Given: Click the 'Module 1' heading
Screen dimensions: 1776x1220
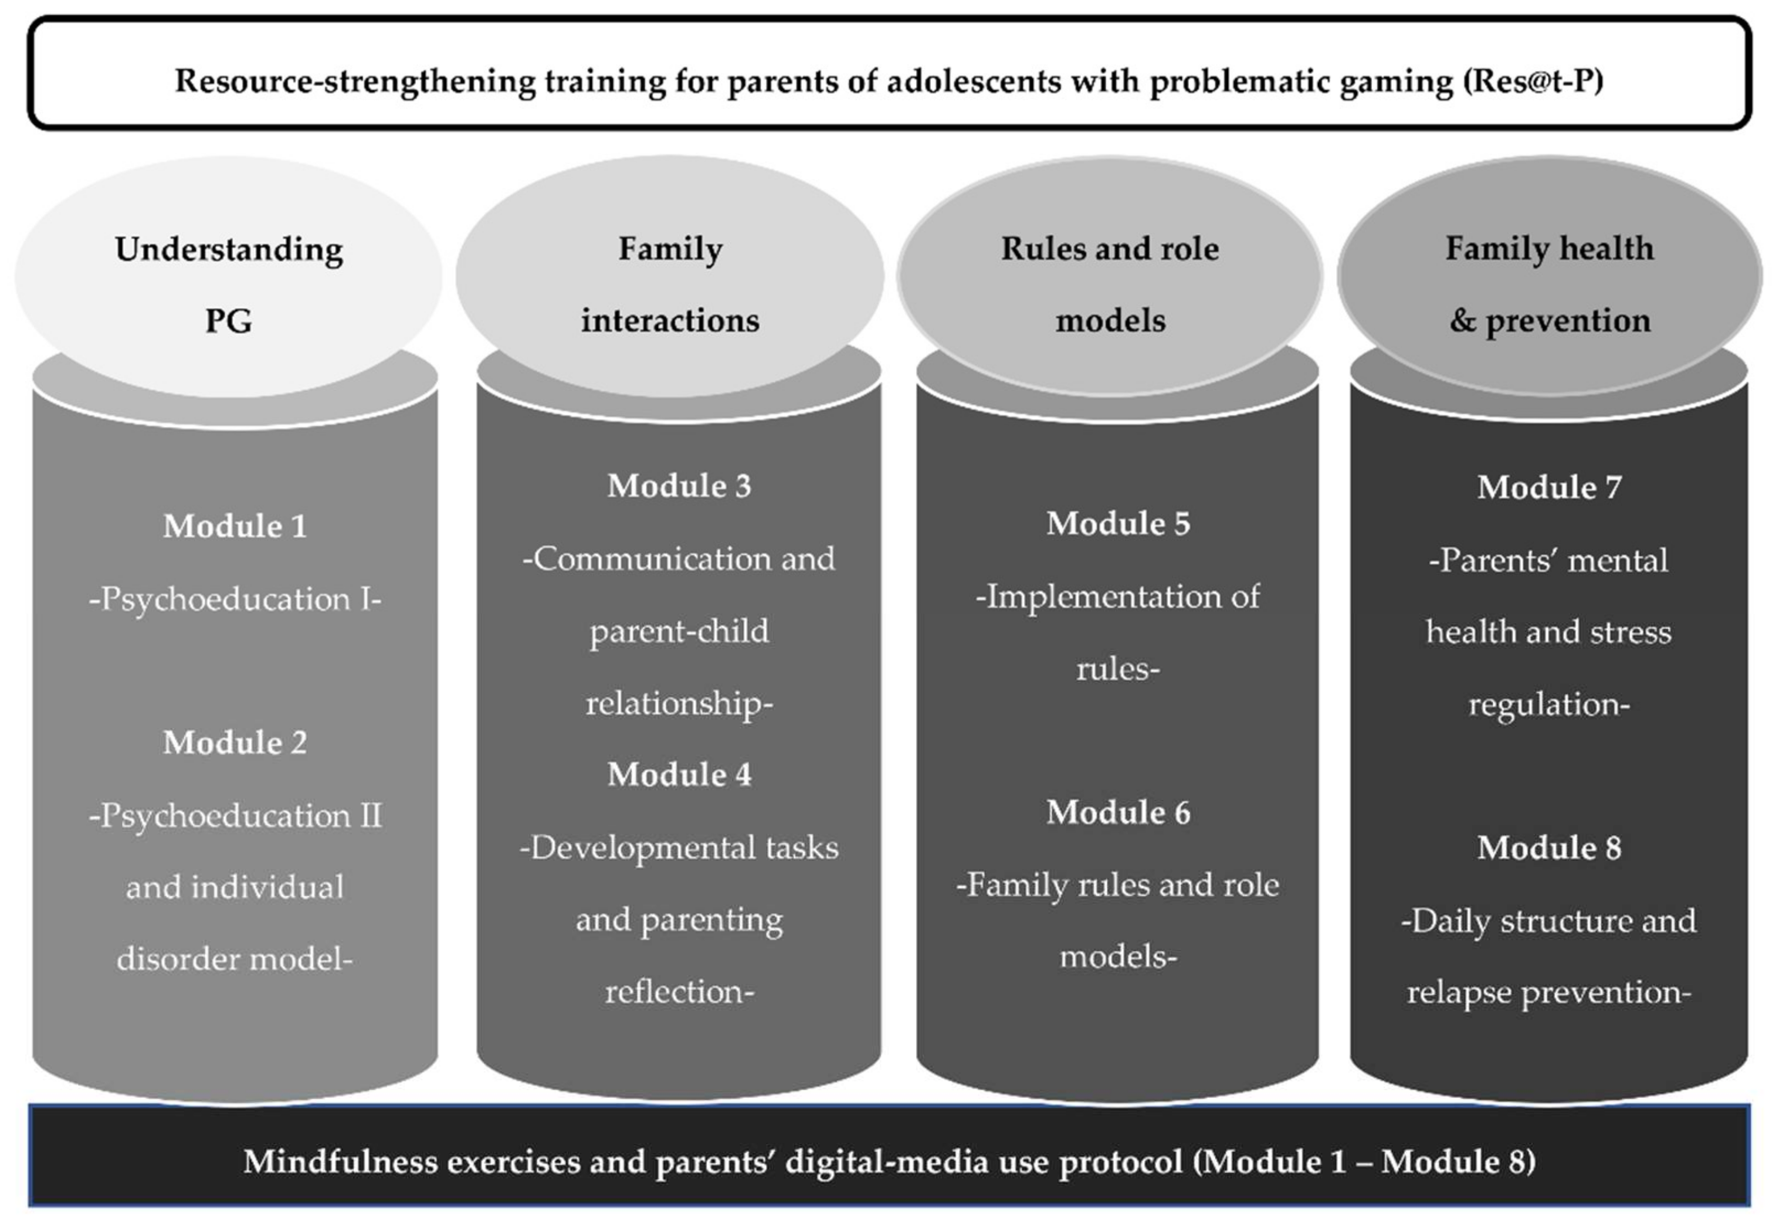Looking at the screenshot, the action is tap(235, 526).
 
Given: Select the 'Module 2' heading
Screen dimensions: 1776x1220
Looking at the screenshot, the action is tap(235, 742).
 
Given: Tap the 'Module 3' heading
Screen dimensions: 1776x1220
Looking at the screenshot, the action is tap(679, 486).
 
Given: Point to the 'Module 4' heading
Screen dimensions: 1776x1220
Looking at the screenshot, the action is tap(679, 774).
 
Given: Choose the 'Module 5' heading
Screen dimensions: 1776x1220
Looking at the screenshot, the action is tap(1117, 524).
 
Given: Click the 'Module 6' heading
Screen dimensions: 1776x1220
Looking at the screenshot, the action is tap(1117, 812).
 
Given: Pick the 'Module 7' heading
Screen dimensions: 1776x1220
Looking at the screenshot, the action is tap(1548, 487).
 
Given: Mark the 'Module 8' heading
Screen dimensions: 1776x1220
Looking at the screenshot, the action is tap(1548, 847).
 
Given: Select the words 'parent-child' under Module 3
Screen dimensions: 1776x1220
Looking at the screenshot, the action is tap(679, 631).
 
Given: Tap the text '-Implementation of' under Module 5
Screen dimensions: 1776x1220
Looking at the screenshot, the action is tap(1117, 597).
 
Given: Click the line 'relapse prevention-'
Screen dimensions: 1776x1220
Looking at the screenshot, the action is tap(1548, 992).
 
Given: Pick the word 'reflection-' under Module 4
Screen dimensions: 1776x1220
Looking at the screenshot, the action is tap(679, 991).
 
